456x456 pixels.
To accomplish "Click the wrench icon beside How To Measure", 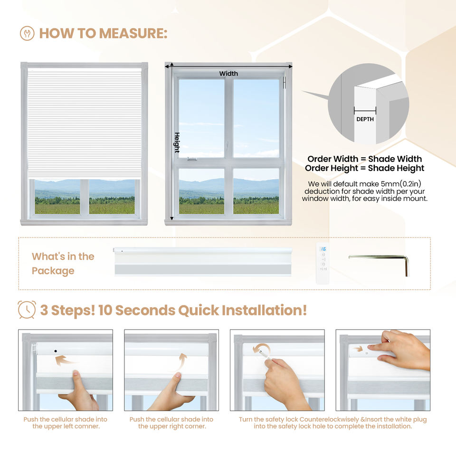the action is [x=27, y=33].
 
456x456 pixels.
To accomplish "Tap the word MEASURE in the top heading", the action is [x=133, y=33].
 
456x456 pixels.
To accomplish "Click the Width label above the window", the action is [x=228, y=74].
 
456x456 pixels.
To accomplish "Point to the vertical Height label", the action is [x=177, y=142].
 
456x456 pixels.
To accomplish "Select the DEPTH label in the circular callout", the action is [x=365, y=119].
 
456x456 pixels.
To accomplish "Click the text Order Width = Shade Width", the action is [x=365, y=159].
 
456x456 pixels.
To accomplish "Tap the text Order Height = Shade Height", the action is [x=365, y=168].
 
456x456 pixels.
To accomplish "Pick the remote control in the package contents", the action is [x=323, y=263].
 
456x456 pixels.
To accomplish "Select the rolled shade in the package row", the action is [x=203, y=261].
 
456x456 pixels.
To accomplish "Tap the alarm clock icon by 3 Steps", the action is [x=27, y=310].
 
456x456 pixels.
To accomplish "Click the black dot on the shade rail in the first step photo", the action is [x=56, y=351].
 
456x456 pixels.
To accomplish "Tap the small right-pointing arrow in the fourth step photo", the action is [x=358, y=348].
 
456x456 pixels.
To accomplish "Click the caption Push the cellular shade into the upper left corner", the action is [x=66, y=423].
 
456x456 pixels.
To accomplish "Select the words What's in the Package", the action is [x=63, y=264].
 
